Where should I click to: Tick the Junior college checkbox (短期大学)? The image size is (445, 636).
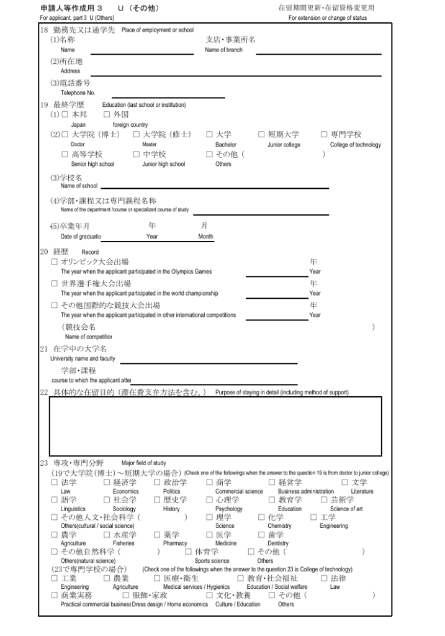coord(261,134)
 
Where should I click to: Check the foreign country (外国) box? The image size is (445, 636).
coord(106,114)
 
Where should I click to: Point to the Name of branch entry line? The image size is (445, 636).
coord(318,53)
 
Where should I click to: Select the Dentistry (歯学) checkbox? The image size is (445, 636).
coord(262,534)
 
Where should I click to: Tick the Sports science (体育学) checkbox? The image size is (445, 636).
coord(189,551)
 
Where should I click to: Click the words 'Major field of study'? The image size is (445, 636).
coord(143,463)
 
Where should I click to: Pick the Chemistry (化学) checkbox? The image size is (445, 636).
coord(262,517)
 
